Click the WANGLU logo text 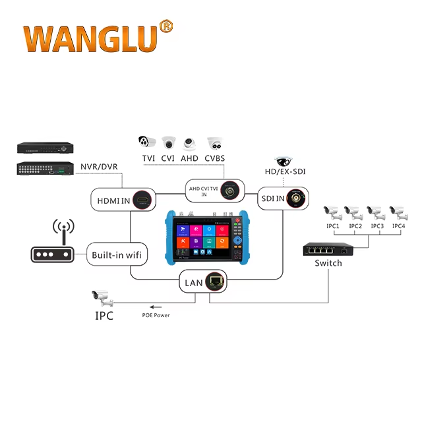point(90,40)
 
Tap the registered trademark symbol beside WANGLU point(166,27)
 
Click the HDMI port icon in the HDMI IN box point(141,198)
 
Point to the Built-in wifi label point(116,255)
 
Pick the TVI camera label point(148,158)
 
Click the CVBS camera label point(215,158)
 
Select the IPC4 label point(398,227)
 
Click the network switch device point(328,249)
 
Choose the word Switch point(328,263)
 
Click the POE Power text point(156,315)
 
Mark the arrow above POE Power point(156,307)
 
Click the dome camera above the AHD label point(190,144)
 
